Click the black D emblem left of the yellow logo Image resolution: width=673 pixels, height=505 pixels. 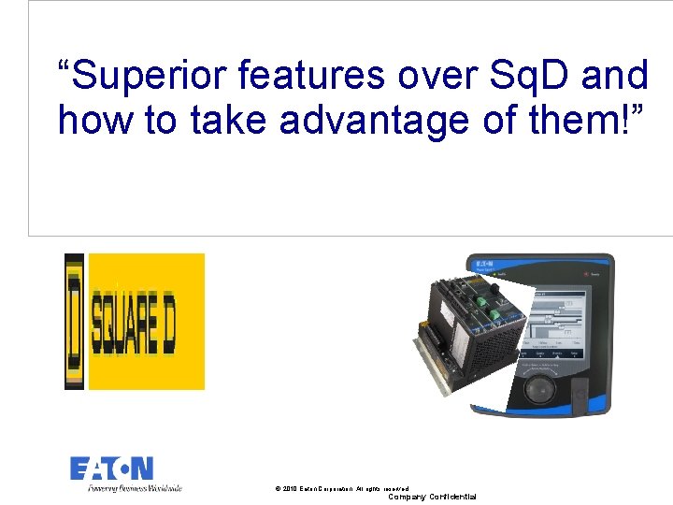click(74, 321)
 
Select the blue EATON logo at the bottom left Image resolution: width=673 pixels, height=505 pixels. click(111, 469)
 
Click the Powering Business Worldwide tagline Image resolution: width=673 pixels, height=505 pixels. click(135, 487)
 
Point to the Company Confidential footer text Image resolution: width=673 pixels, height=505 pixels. click(432, 497)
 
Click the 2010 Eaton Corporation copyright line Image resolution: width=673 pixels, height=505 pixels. click(342, 488)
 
